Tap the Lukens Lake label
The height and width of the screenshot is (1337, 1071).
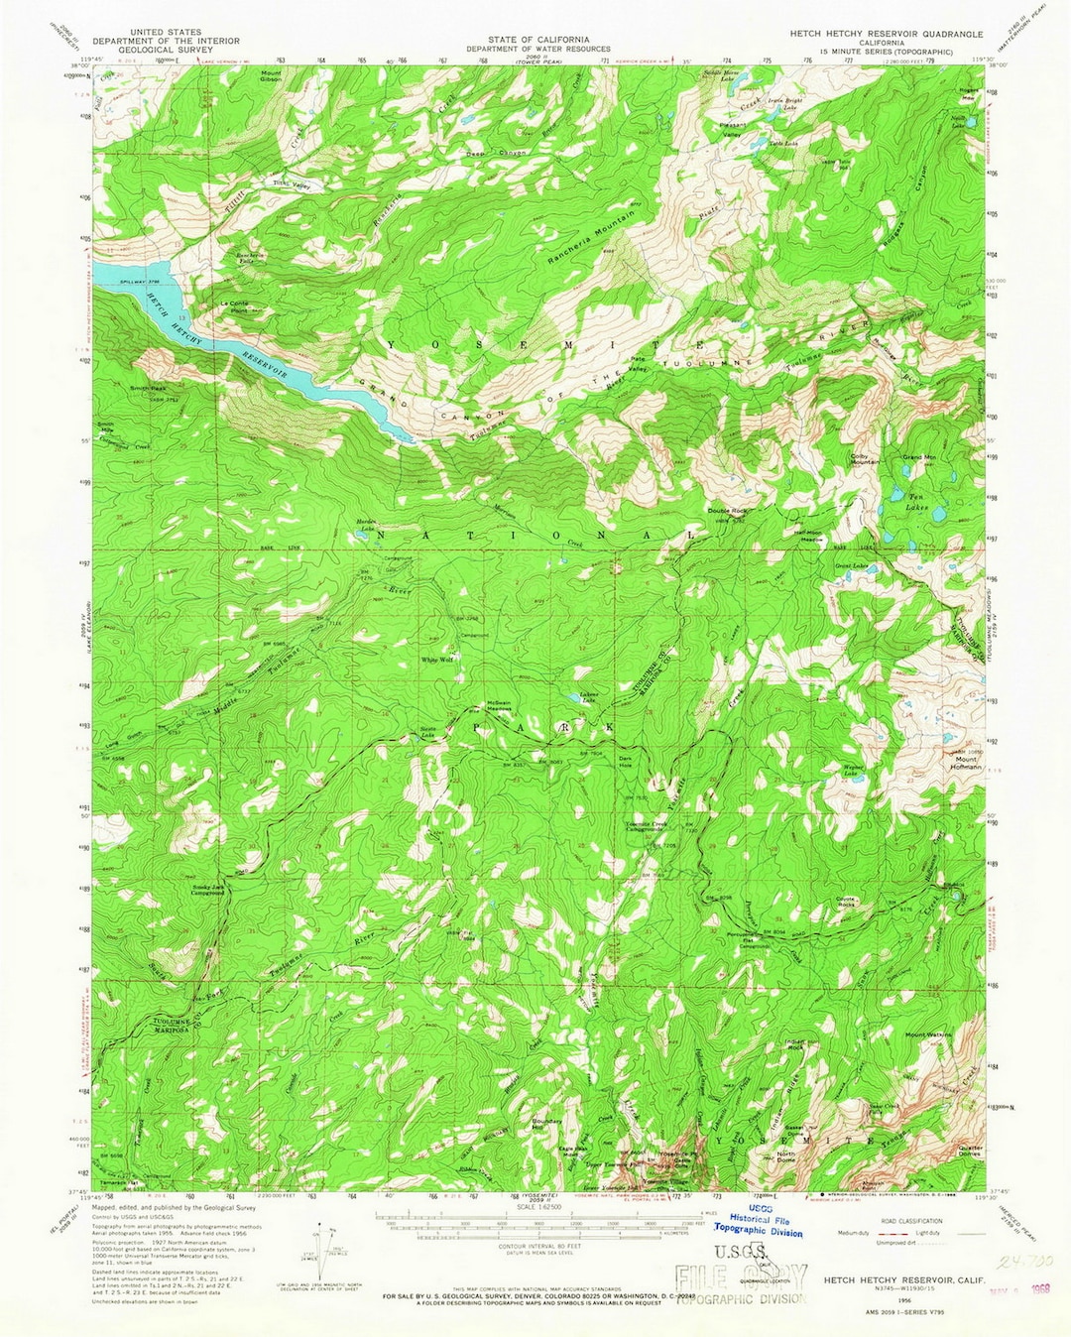tap(589, 699)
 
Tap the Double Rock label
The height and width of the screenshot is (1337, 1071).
tap(726, 511)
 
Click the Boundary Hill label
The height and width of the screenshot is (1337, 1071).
tap(546, 1124)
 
